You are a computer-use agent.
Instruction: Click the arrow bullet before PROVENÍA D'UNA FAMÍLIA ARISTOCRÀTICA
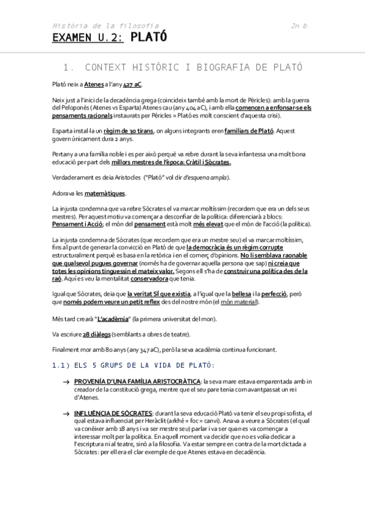[65, 382]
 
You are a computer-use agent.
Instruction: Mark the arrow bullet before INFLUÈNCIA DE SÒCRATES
[65, 413]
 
